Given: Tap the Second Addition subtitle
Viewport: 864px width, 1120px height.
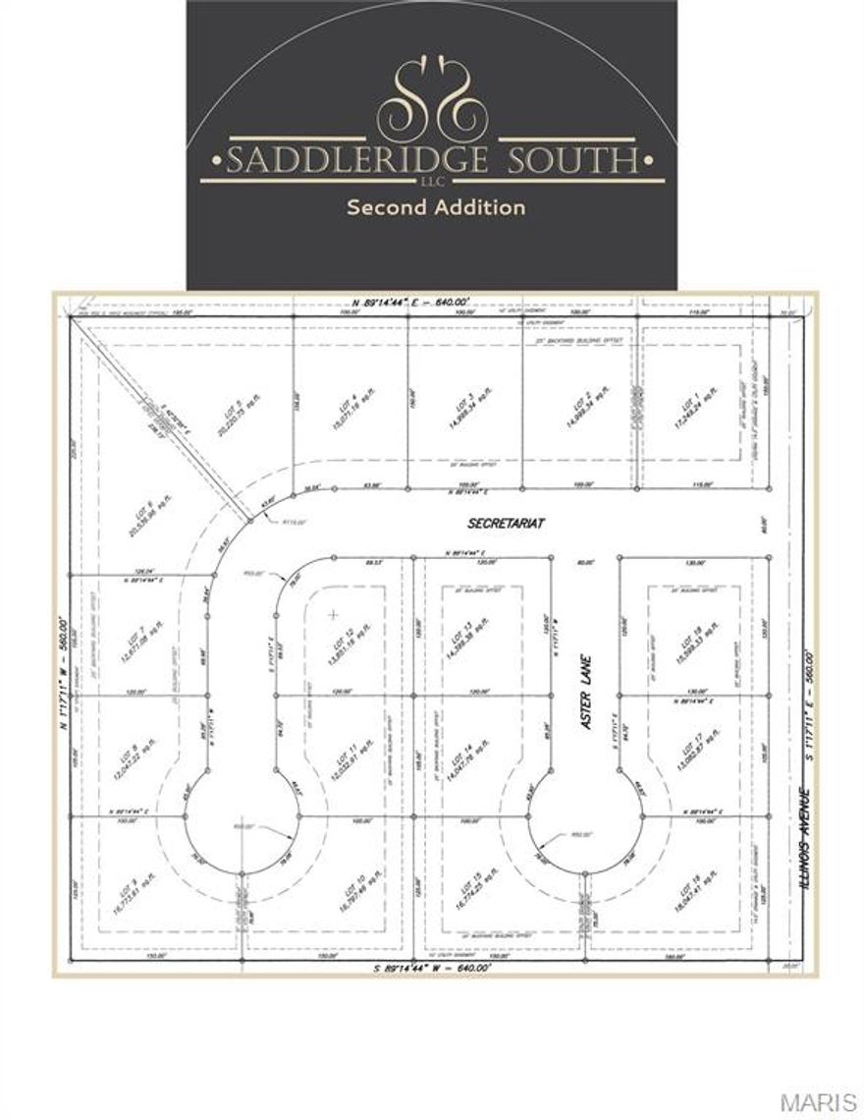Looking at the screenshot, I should (x=435, y=207).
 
